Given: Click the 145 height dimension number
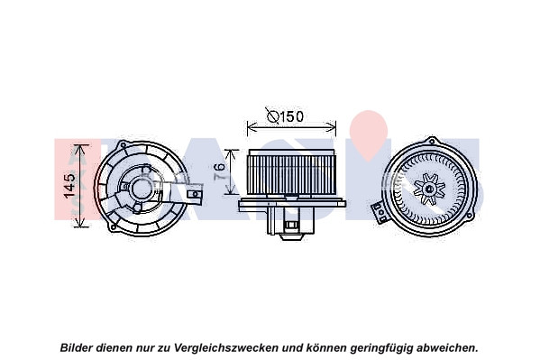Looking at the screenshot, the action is pos(70,186).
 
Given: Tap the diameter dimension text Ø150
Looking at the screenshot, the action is pos(286,116).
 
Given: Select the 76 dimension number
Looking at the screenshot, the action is pos(219,171).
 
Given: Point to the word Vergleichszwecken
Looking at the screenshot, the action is pos(226,347).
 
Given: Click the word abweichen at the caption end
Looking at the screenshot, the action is pos(447,347).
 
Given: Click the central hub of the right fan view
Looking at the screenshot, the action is pos(429,189).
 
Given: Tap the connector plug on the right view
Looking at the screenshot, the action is pos(379,212).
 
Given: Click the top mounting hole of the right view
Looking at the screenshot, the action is pos(432,141).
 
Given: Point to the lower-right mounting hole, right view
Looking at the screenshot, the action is pos(469,217).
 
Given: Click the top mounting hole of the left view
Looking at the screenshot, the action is pos(123,145).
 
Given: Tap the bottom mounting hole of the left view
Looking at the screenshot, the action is pos(114,227).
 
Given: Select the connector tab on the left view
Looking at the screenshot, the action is pos(194,194).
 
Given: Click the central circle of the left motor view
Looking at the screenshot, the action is pos(142,189).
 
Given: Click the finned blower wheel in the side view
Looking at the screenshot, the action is pos(291,171).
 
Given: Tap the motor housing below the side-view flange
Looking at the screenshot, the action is pos(291,221).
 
